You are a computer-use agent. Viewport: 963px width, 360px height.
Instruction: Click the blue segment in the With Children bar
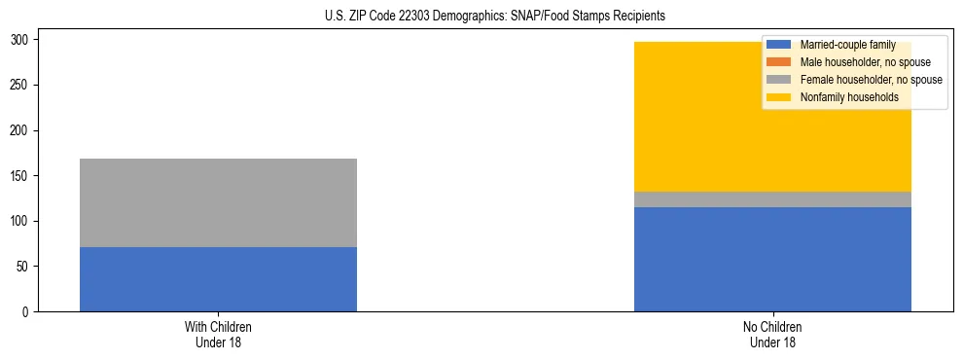pos(218,279)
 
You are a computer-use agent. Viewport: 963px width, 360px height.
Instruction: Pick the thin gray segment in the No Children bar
pos(772,199)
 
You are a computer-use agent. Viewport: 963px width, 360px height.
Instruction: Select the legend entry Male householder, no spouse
pos(865,62)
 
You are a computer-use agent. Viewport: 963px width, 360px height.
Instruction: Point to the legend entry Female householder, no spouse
pos(871,80)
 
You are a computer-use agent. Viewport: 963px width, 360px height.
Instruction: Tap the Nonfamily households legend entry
pos(848,97)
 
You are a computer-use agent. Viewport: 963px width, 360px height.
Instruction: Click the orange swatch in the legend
pos(779,62)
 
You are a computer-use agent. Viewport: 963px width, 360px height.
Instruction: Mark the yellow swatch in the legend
pos(779,97)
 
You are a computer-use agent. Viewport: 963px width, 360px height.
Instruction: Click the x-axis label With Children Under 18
pos(218,334)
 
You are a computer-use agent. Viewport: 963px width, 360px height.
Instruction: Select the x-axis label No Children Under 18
pos(772,334)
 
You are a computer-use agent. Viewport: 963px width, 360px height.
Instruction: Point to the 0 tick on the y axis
pos(27,312)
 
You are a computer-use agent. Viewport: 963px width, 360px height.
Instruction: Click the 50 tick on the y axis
pos(24,267)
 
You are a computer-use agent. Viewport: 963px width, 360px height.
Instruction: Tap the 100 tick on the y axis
pos(21,222)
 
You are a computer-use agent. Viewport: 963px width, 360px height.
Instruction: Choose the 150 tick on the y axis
pos(21,176)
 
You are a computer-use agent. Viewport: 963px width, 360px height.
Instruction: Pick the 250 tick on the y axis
pos(21,86)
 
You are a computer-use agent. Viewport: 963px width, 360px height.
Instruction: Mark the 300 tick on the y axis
pos(21,40)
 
